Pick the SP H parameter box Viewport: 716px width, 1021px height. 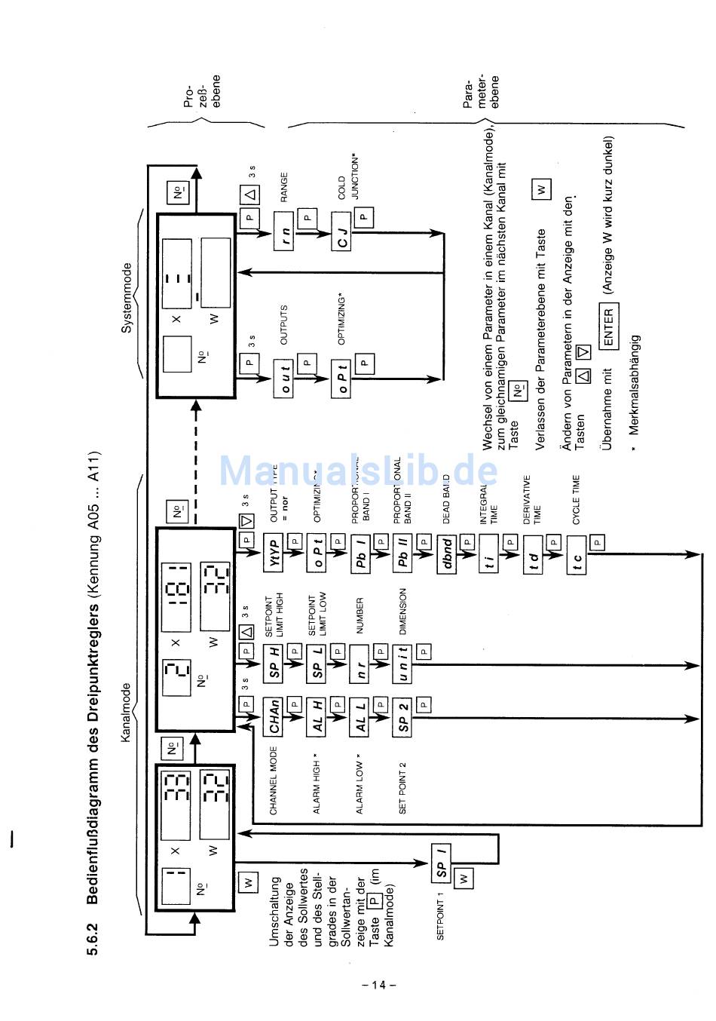(274, 663)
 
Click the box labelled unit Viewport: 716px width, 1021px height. (403, 663)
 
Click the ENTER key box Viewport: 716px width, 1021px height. (608, 327)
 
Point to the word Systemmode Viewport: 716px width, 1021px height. (127, 297)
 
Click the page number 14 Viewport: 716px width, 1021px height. (379, 985)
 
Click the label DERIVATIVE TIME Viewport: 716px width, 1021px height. (532, 499)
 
